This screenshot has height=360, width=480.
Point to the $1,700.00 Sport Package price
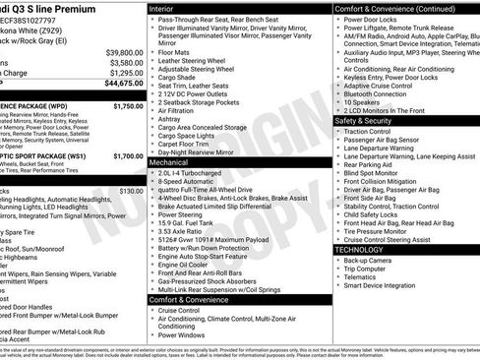pos(128,155)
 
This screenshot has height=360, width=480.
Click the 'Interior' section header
pos(168,8)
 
